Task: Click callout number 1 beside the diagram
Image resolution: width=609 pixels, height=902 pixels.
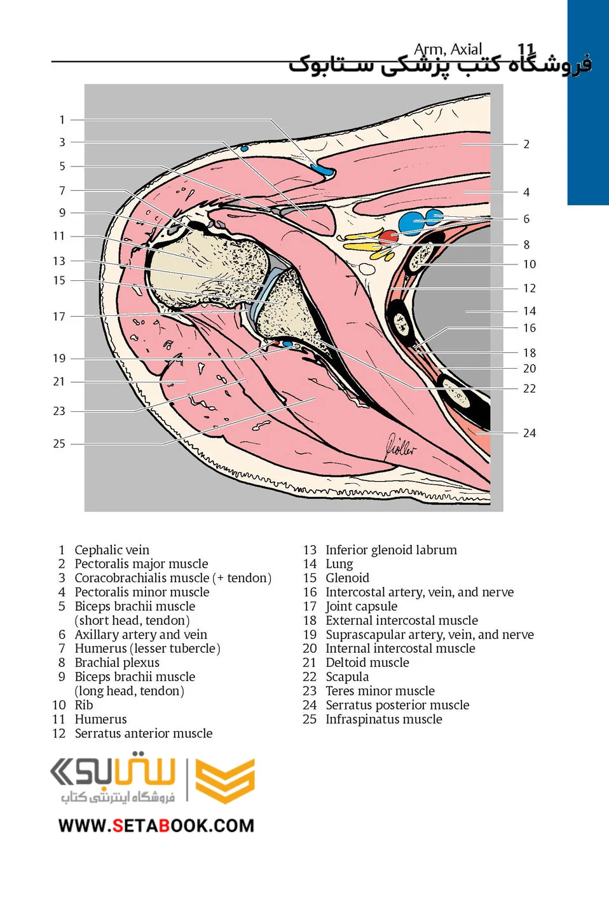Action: click(62, 120)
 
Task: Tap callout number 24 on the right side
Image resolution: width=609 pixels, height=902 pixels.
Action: click(530, 433)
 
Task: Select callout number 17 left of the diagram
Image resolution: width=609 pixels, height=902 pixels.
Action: click(59, 317)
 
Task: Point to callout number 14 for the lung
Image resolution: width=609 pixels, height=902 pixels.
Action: click(530, 311)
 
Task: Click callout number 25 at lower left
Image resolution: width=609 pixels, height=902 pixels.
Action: click(59, 444)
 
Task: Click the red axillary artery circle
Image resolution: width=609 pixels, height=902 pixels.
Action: click(388, 237)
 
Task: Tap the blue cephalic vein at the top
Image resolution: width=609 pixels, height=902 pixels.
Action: click(322, 170)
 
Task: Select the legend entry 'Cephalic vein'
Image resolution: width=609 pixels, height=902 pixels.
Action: click(112, 550)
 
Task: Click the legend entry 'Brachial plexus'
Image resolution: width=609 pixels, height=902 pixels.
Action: click(117, 662)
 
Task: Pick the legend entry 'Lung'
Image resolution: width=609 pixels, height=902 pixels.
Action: click(339, 564)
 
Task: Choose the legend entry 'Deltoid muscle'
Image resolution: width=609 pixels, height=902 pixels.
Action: click(367, 662)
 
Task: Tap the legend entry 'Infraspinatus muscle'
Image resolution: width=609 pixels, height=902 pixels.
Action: click(383, 719)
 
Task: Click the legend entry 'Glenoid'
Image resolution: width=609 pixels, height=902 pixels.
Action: click(347, 578)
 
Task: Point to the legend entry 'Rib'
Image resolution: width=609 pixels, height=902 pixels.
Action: click(84, 705)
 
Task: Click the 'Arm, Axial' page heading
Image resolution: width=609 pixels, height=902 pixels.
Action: click(448, 49)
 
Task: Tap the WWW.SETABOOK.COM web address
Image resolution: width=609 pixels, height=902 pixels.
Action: click(156, 826)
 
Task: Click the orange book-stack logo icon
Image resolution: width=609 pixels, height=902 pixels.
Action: click(224, 780)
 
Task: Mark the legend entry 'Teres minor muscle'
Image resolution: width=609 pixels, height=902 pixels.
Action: click(380, 691)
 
